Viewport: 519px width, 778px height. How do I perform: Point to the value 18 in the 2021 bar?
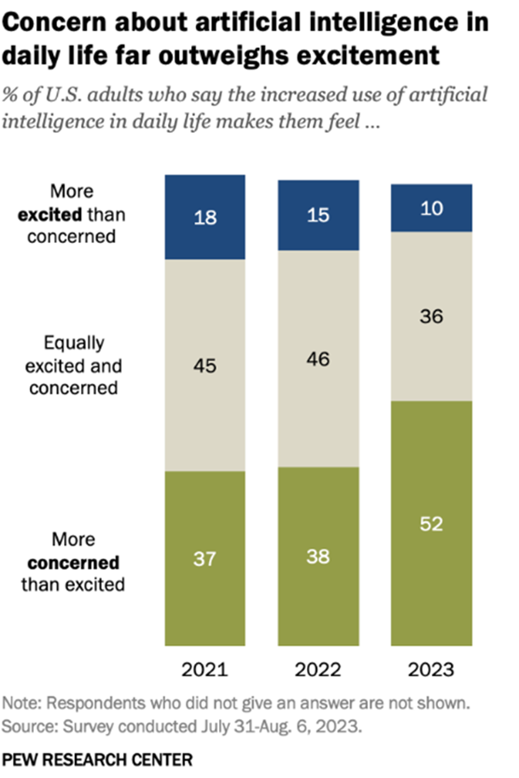pyautogui.click(x=205, y=217)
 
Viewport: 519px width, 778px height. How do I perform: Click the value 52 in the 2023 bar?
pyautogui.click(x=431, y=524)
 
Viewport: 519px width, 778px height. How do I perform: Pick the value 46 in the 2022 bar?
pyautogui.click(x=318, y=359)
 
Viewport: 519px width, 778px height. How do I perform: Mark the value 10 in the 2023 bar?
pyautogui.click(x=431, y=208)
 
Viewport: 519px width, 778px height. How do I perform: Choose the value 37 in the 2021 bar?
pyautogui.click(x=205, y=558)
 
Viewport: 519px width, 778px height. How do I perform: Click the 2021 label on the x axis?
pyautogui.click(x=205, y=670)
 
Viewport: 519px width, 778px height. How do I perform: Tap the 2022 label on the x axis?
pyautogui.click(x=318, y=670)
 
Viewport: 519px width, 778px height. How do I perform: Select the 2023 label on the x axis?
pyautogui.click(x=431, y=670)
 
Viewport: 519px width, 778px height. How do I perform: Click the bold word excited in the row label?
pyautogui.click(x=50, y=215)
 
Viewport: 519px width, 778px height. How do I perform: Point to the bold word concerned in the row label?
pyautogui.click(x=73, y=563)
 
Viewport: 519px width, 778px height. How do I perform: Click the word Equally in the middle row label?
pyautogui.click(x=74, y=343)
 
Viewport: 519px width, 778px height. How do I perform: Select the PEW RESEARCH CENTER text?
pyautogui.click(x=97, y=760)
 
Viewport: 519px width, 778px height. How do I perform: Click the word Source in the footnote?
pyautogui.click(x=29, y=726)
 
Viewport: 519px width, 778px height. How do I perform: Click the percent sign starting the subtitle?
pyautogui.click(x=9, y=95)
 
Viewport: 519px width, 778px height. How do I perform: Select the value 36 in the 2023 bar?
pyautogui.click(x=431, y=317)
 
